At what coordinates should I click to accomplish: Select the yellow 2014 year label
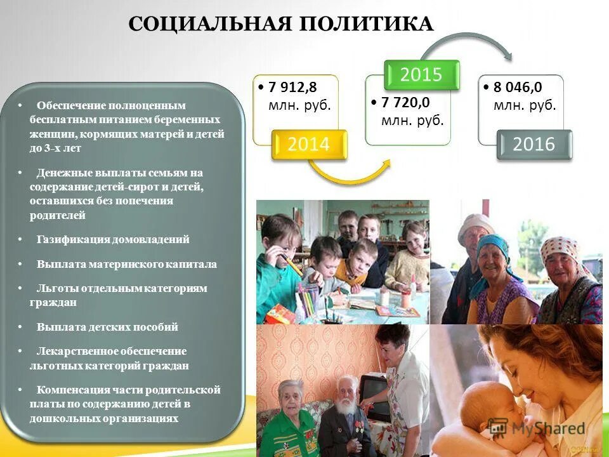pyautogui.click(x=309, y=145)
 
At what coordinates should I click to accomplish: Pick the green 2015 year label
pyautogui.click(x=421, y=75)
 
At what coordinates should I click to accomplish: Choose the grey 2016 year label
pyautogui.click(x=534, y=145)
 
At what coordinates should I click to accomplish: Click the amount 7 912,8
pyautogui.click(x=292, y=88)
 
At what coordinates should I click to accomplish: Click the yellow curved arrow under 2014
pyautogui.click(x=349, y=175)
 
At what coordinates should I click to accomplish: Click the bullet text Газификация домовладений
pyautogui.click(x=113, y=240)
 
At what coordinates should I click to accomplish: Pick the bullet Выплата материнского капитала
pyautogui.click(x=126, y=264)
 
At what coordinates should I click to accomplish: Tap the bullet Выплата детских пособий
pyautogui.click(x=107, y=328)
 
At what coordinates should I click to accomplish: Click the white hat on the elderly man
pyautogui.click(x=475, y=222)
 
